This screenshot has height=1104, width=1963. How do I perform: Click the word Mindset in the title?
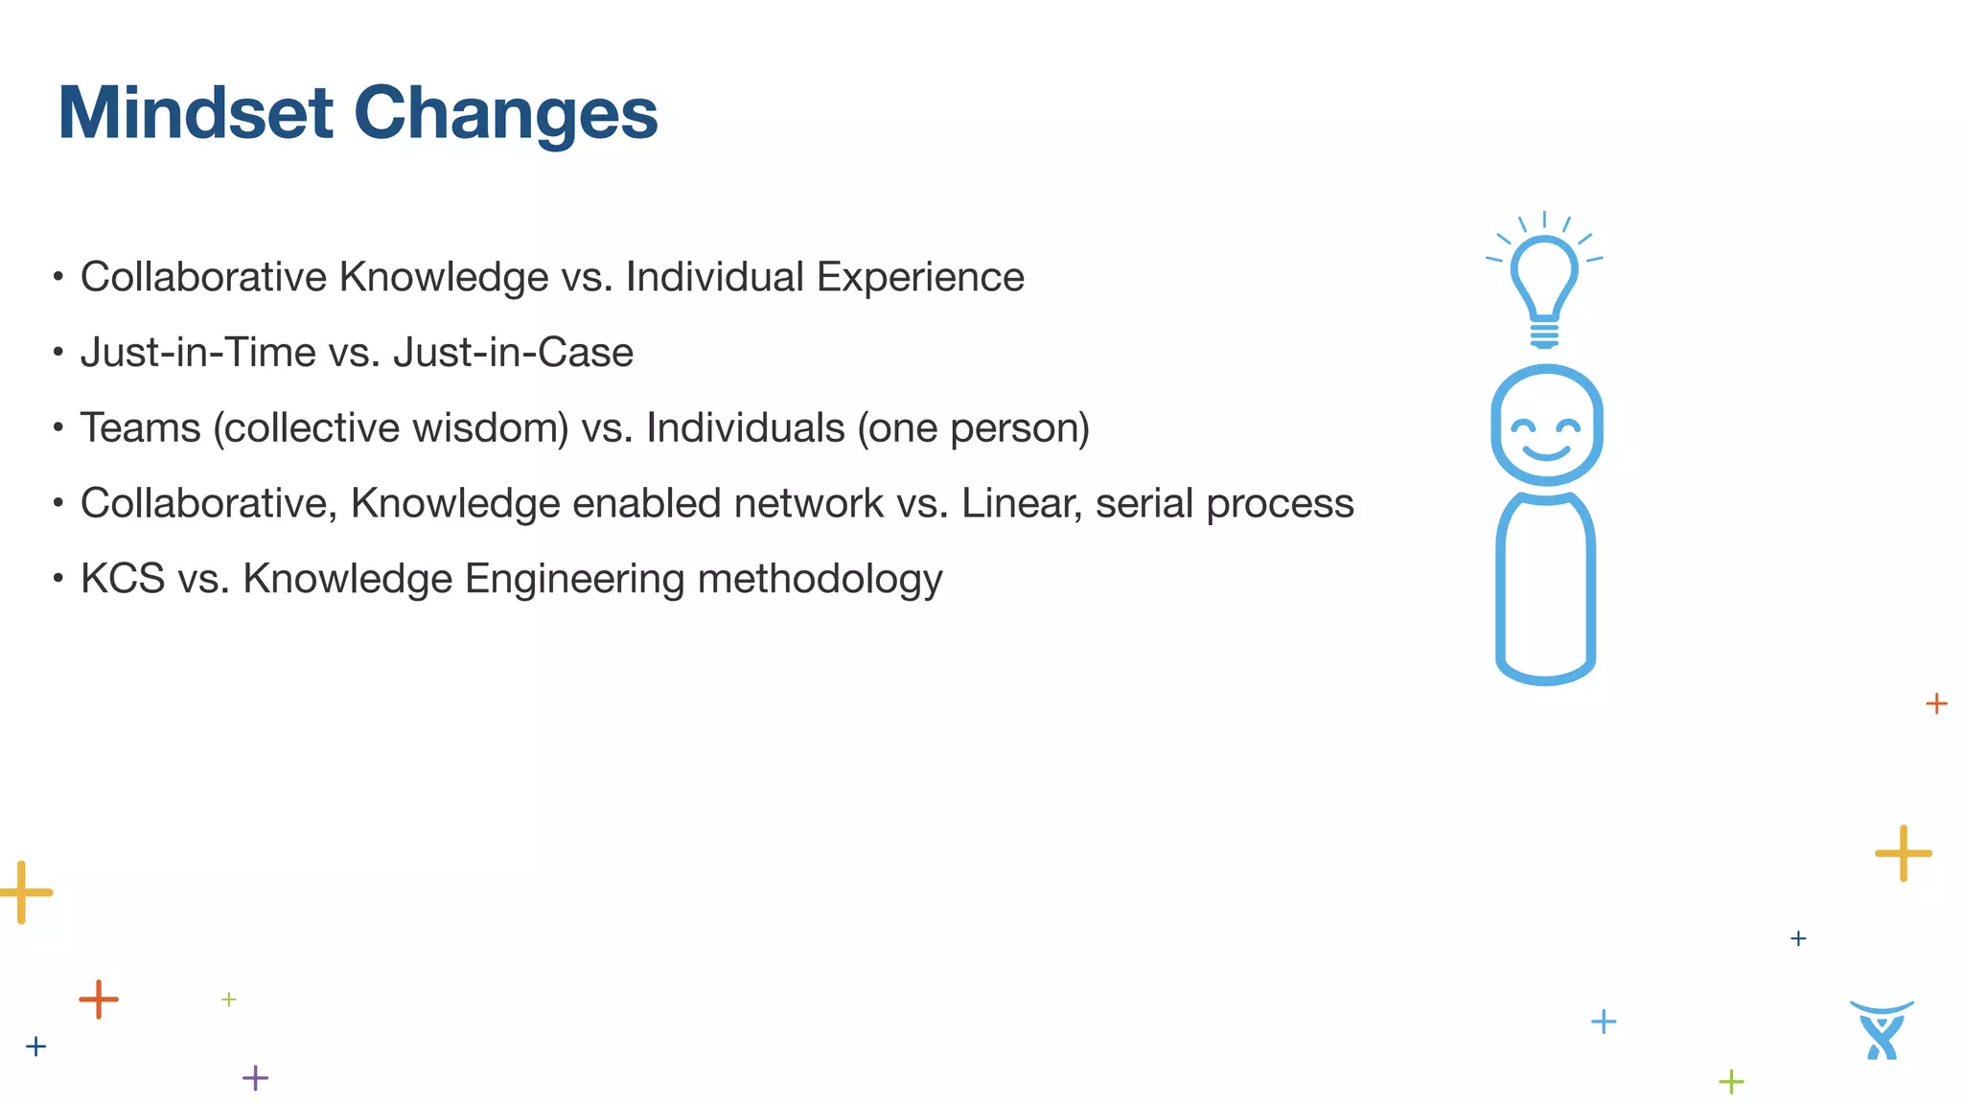pyautogui.click(x=196, y=113)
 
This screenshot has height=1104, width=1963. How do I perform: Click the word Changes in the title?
pyautogui.click(x=505, y=113)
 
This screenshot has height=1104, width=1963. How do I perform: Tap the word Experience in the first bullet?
pyautogui.click(x=920, y=278)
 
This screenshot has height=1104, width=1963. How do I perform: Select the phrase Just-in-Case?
pyautogui.click(x=513, y=353)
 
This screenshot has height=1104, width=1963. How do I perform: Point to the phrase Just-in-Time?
pyautogui.click(x=197, y=353)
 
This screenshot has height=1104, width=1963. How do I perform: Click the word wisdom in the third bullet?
pyautogui.click(x=492, y=428)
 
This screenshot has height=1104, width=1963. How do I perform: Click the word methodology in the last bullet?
pyautogui.click(x=820, y=579)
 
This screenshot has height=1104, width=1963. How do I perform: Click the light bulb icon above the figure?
pyautogui.click(x=1544, y=283)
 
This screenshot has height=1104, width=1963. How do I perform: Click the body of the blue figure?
pyautogui.click(x=1545, y=589)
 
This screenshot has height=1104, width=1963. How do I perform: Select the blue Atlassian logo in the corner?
pyautogui.click(x=1882, y=1030)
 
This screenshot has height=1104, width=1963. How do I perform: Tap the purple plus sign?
pyautogui.click(x=255, y=1078)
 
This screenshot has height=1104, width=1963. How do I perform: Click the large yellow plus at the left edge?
pyautogui.click(x=23, y=892)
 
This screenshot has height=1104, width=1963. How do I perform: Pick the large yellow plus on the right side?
pyautogui.click(x=1903, y=853)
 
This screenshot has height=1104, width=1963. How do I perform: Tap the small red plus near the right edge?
pyautogui.click(x=1936, y=703)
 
